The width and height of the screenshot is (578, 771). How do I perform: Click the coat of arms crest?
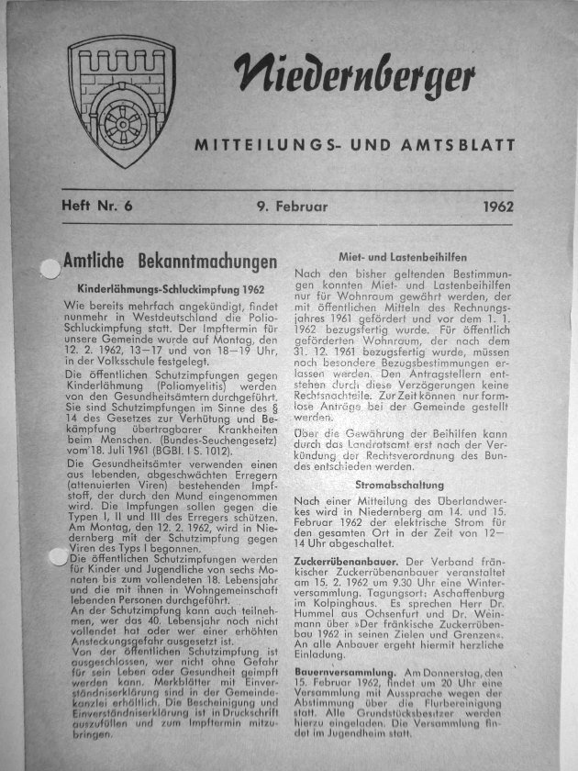tap(122, 106)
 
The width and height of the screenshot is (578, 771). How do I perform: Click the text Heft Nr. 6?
tap(95, 206)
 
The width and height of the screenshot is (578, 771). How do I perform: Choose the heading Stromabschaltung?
tap(400, 483)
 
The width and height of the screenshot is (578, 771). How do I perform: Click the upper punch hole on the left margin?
tap(43, 268)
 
